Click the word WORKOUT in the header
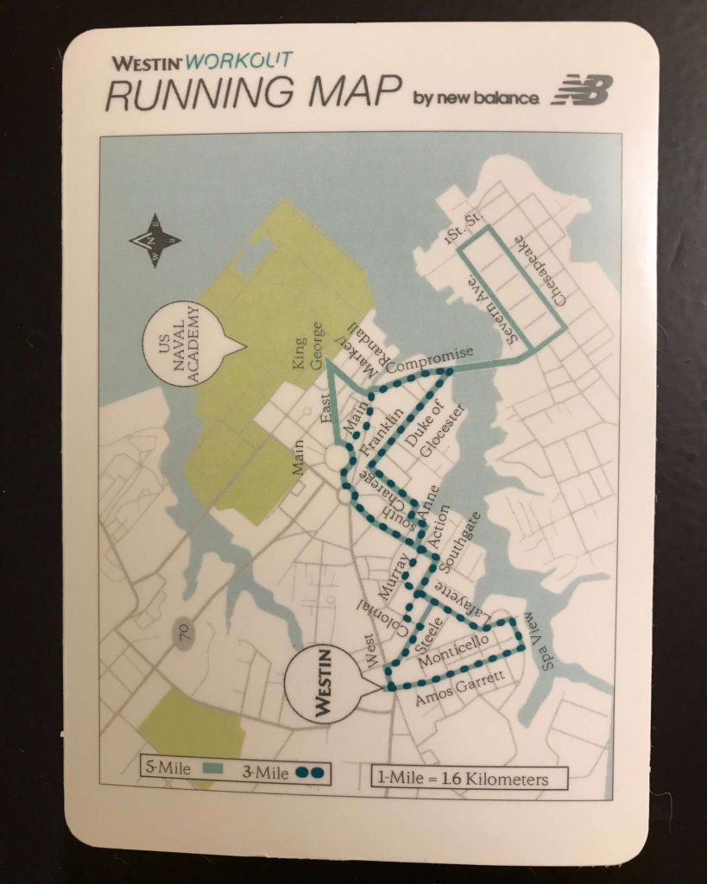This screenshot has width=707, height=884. (239, 60)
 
